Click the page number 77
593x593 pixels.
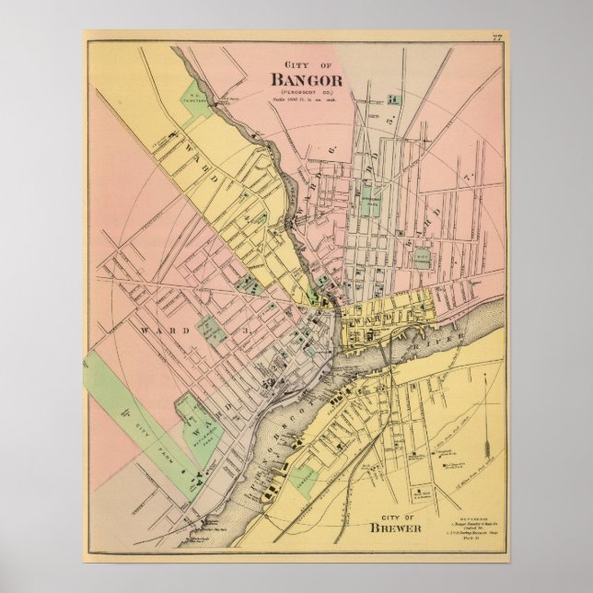[x=497, y=38]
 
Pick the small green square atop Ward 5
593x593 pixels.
[x=393, y=99]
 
